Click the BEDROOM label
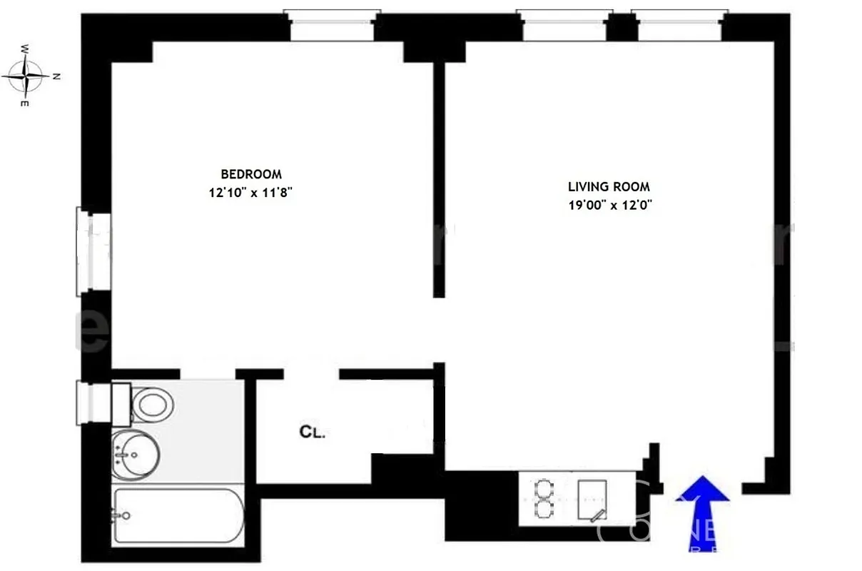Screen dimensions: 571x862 (251, 173)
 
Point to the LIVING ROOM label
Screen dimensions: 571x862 (609, 187)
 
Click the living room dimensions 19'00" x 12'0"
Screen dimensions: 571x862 (609, 205)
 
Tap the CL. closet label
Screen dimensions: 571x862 (312, 432)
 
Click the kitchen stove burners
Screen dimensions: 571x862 (545, 499)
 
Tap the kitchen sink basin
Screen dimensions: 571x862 (592, 500)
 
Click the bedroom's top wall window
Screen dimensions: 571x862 (332, 27)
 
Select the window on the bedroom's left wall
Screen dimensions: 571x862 (93, 251)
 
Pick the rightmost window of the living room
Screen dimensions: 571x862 (679, 27)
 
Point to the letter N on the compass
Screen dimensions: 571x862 (56, 76)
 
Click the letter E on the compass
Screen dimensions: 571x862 (25, 104)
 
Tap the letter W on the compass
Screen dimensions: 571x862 (25, 49)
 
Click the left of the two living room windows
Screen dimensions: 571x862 (564, 27)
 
